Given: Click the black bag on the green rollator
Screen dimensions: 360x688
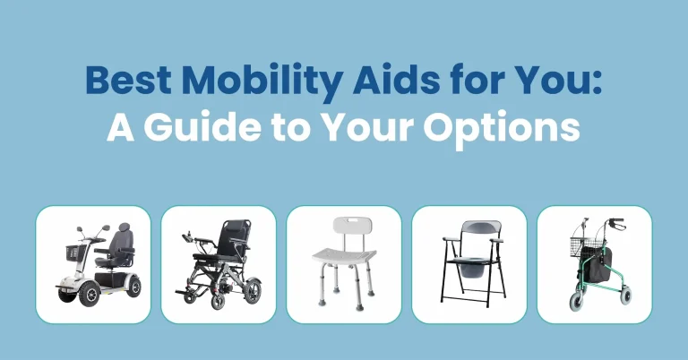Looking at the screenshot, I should [599, 264].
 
